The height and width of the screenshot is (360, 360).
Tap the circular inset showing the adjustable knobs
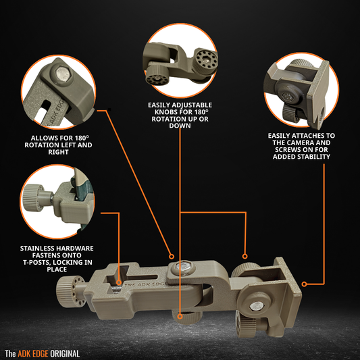[x=180, y=61]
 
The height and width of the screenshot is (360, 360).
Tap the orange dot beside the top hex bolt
[x=172, y=256]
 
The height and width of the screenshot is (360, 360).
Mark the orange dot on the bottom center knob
[x=180, y=314]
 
